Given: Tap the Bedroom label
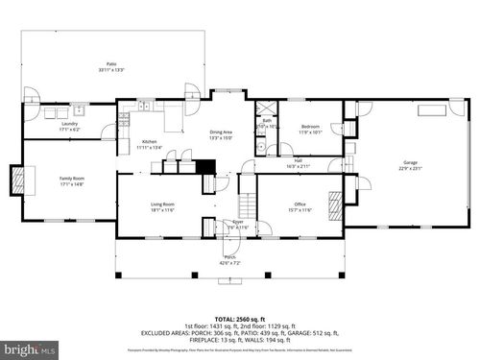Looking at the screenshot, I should (x=310, y=127).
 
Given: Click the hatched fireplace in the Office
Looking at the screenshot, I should (x=335, y=204).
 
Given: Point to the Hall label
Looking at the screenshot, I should (x=299, y=160).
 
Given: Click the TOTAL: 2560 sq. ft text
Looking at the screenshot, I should (x=238, y=317).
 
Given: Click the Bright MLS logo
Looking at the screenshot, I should (x=27, y=348).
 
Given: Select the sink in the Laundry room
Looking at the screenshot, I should (x=51, y=112).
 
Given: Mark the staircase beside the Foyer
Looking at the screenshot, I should (x=247, y=204).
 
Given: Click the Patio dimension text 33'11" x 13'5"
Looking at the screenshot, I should (x=111, y=69).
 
